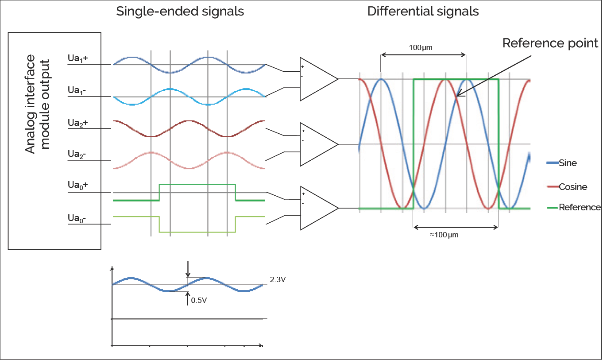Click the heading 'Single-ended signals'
[x=180, y=12]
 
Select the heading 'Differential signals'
[x=423, y=12]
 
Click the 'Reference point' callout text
[x=550, y=43]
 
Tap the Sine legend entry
[x=568, y=163]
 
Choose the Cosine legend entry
[x=573, y=187]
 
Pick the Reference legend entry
[x=579, y=207]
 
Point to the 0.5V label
[x=199, y=300]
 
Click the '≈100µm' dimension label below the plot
[x=444, y=235]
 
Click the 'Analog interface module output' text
[x=37, y=104]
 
